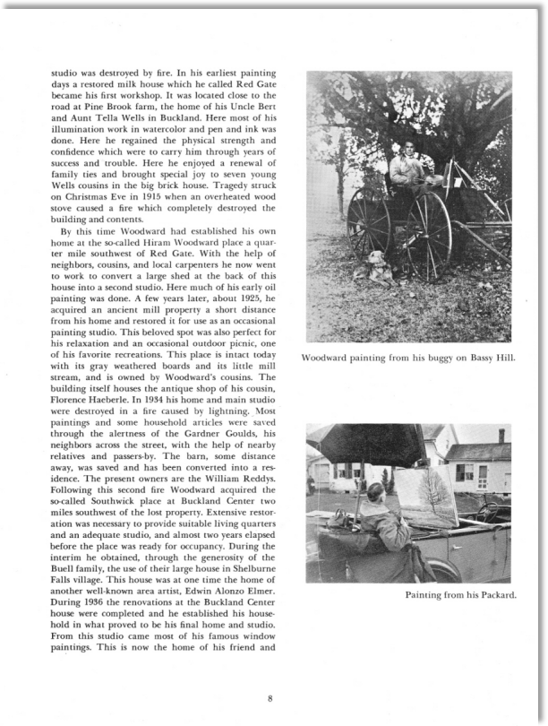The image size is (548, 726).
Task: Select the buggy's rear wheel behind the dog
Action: coord(369,222)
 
